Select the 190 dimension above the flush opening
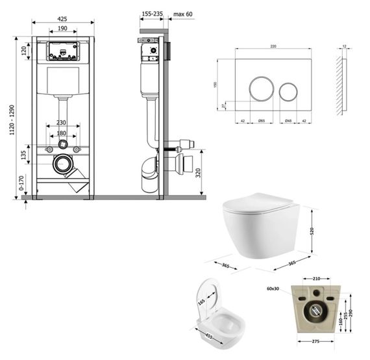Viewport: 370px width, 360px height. (62, 29)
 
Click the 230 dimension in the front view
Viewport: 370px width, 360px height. (62, 122)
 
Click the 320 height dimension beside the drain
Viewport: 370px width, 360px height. (206, 173)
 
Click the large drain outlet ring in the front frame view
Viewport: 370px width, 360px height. (62, 164)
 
